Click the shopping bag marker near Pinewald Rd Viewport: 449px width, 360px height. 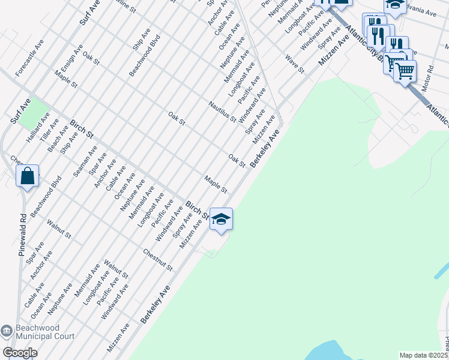click(28, 176)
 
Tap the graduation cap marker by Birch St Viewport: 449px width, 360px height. click(221, 220)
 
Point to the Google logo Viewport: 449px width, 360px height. click(20, 353)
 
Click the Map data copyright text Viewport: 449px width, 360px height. click(423, 355)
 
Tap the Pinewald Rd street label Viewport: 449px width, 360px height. click(22, 235)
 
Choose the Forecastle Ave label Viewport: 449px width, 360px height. click(30, 58)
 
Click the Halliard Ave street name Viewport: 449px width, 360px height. click(37, 130)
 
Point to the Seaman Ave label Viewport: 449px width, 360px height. click(85, 164)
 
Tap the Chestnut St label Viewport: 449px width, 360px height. click(158, 259)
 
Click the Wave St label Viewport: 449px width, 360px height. click(295, 64)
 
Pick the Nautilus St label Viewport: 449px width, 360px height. click(222, 112)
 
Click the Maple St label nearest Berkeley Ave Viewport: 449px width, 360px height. click(215, 184)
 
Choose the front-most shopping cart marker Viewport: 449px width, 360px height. click(405, 71)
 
